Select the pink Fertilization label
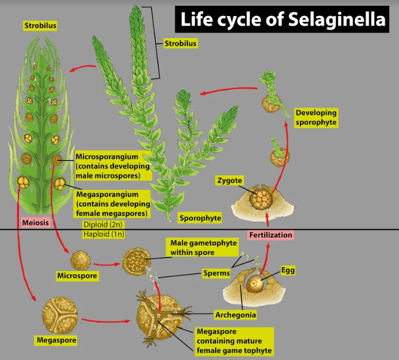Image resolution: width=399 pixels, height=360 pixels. click(x=270, y=235)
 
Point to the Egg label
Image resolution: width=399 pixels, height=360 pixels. click(x=288, y=270)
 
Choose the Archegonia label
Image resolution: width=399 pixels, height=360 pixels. click(x=236, y=315)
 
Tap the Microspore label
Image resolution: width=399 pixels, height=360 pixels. click(x=77, y=275)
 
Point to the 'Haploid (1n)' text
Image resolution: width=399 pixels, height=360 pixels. click(x=104, y=233)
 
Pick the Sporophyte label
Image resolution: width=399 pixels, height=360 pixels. click(x=200, y=218)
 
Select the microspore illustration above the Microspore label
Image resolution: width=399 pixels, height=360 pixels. click(x=79, y=260)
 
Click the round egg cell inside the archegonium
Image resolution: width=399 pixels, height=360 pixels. click(x=255, y=283)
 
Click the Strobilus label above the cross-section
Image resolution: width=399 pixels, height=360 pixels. click(x=40, y=25)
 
